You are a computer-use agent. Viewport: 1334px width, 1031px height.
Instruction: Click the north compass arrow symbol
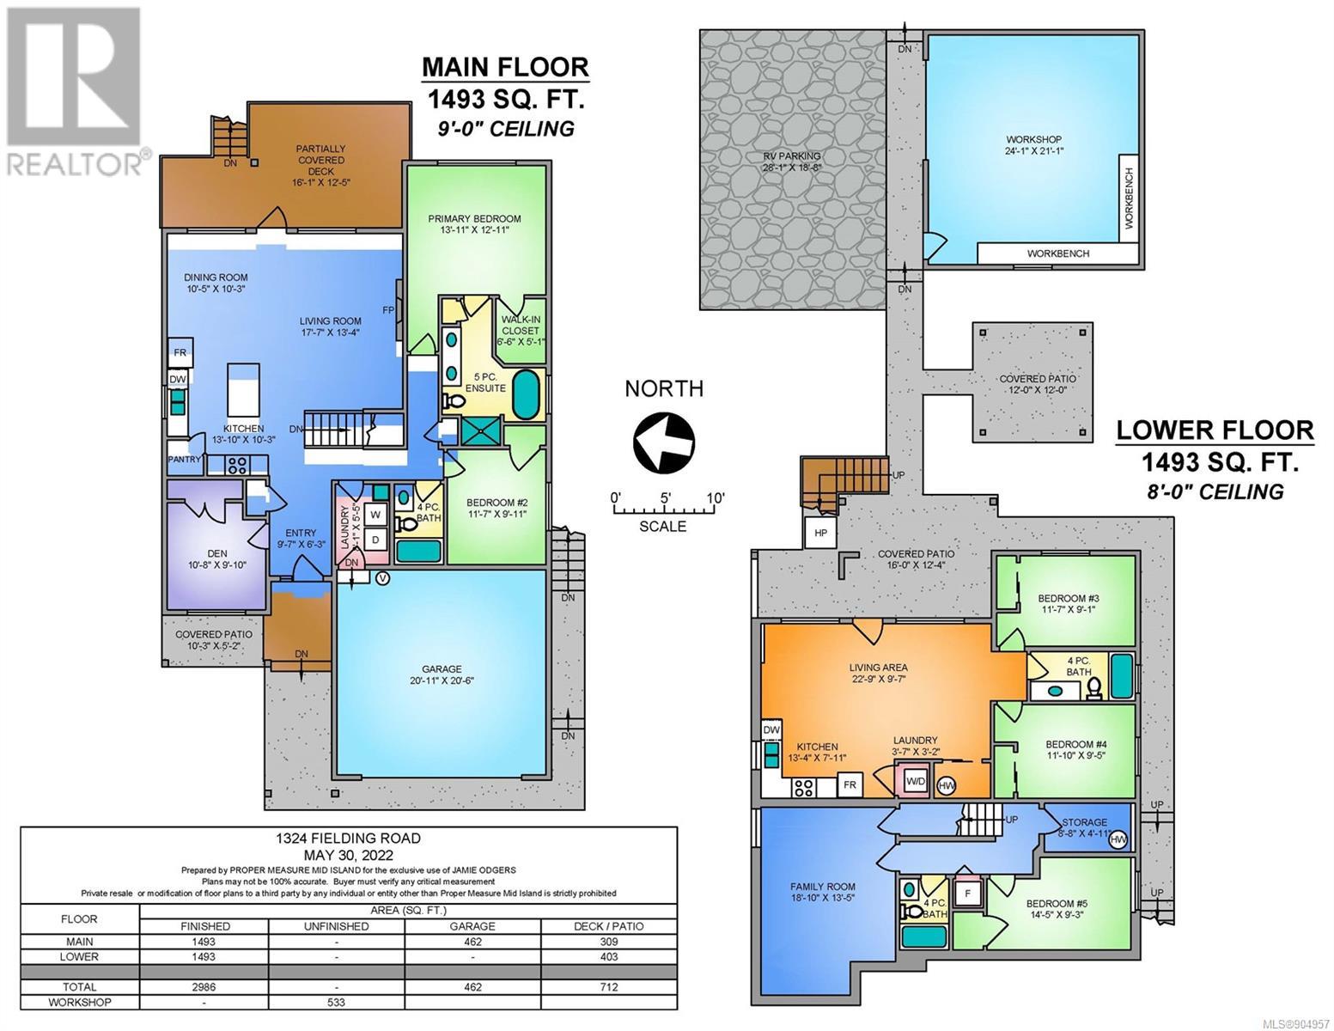click(x=664, y=442)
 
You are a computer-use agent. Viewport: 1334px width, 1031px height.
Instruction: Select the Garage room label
click(x=442, y=674)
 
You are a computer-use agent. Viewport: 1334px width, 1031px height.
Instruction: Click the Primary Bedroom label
click(x=474, y=224)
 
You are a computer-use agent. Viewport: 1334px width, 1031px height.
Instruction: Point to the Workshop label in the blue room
click(x=1034, y=145)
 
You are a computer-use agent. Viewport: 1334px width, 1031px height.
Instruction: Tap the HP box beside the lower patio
click(x=821, y=533)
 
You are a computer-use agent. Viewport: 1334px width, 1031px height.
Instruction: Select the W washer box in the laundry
click(x=375, y=515)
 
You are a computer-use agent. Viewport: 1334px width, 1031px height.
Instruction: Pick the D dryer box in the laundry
click(x=375, y=540)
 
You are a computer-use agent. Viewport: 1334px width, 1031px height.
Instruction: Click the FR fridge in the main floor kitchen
click(x=180, y=352)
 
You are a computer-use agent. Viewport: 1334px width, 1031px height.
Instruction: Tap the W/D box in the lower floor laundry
click(x=916, y=782)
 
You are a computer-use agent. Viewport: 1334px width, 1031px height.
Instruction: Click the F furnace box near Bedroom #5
click(x=967, y=894)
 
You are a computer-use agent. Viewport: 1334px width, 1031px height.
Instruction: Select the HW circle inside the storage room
click(x=1118, y=840)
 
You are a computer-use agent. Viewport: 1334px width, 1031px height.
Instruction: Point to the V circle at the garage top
click(x=382, y=578)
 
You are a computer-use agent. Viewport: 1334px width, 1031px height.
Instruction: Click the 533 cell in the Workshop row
click(x=337, y=1002)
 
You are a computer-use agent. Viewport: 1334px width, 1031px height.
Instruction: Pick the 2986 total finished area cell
click(x=204, y=987)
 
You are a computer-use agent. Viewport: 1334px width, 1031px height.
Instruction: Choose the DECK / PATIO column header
click(x=609, y=926)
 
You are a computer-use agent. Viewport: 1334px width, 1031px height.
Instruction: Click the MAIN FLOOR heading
click(x=506, y=67)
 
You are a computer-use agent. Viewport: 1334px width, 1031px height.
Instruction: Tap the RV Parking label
click(x=791, y=162)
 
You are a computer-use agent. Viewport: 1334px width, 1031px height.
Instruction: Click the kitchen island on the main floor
click(x=244, y=389)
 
